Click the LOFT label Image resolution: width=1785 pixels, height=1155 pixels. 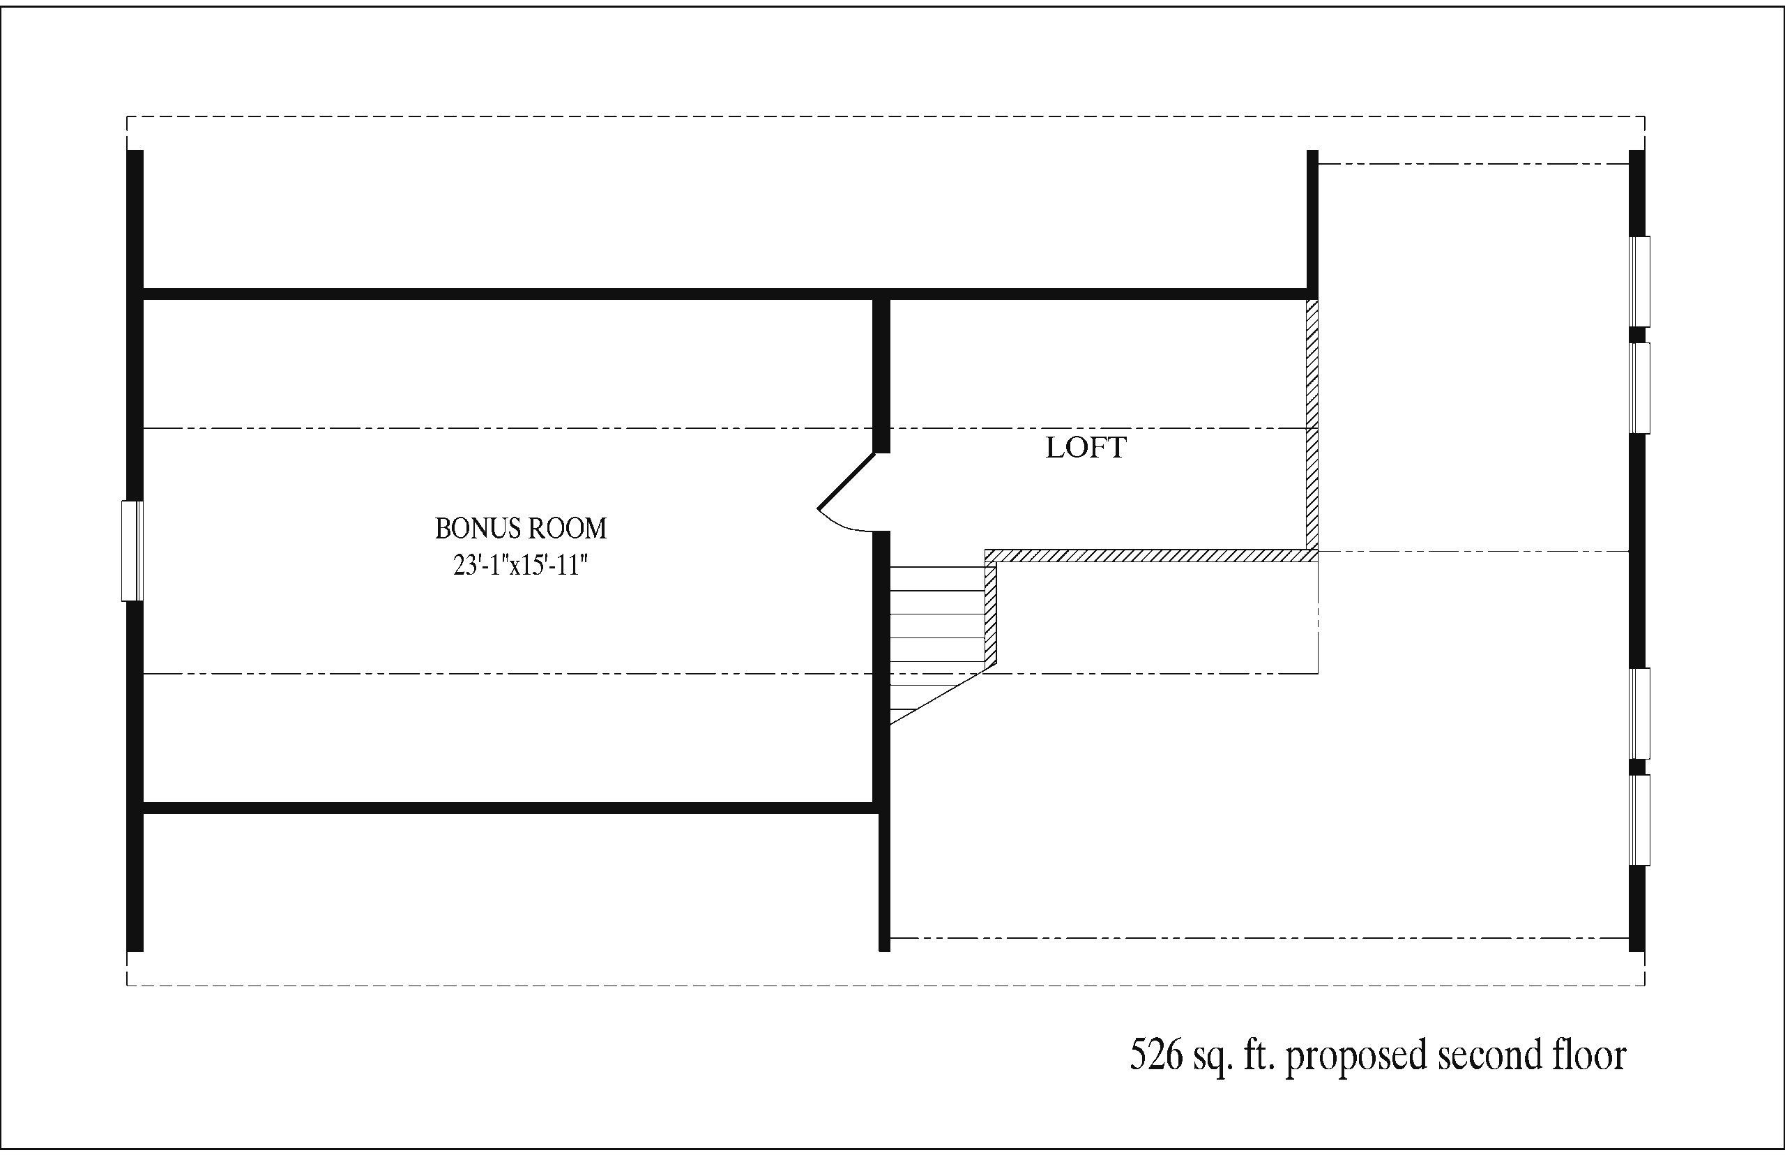1085,448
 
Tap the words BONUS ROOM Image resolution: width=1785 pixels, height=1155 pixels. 520,529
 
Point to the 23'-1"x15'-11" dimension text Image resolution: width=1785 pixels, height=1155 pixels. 520,565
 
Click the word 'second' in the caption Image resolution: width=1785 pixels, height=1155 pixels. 1484,1055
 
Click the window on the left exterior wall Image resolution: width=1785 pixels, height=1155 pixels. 132,550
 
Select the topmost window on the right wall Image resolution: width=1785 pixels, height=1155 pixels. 1639,281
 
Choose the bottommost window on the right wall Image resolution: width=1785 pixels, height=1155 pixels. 1639,820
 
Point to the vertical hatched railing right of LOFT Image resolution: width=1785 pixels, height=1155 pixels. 1312,425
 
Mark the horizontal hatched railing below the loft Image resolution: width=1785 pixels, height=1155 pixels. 1150,556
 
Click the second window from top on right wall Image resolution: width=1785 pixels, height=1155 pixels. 1639,388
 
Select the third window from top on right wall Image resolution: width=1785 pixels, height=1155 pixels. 1639,714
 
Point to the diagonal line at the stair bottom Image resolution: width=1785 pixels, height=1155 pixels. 937,697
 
